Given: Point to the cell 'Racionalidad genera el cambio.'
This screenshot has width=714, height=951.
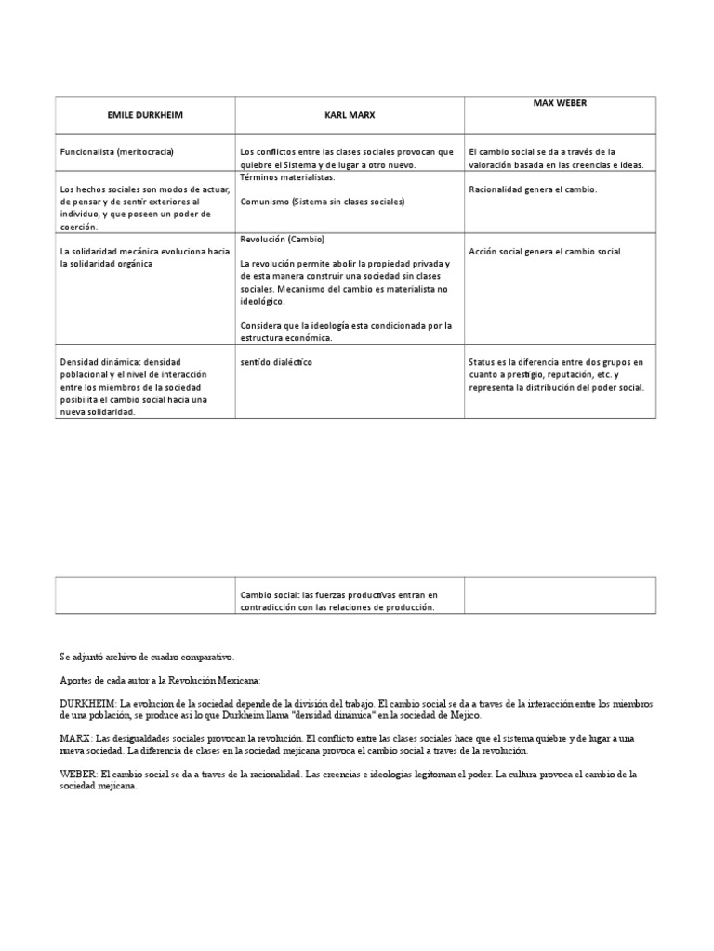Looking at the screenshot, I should click(534, 189).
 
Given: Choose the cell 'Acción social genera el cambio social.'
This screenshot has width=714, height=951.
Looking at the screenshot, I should click(546, 251).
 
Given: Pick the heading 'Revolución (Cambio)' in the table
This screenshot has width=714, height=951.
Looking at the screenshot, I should click(282, 239).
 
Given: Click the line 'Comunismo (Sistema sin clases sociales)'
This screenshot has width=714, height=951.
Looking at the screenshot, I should click(323, 201).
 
